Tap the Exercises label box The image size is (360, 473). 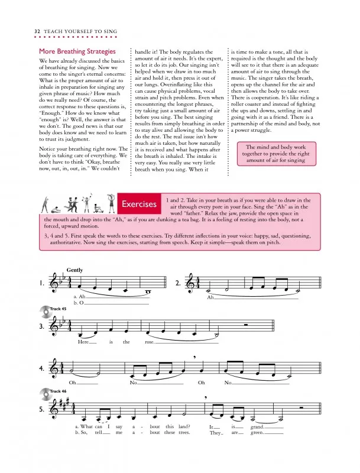pos(139,205)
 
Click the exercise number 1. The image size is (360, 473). pos(42,283)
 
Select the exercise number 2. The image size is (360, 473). pos(179,283)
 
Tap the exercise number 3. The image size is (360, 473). pos(42,326)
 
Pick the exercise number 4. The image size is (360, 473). pos(42,368)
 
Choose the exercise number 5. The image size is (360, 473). pos(42,409)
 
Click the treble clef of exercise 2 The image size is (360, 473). pos(191,283)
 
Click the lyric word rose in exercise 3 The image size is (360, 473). pos(150,342)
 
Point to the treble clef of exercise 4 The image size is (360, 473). pos(54,368)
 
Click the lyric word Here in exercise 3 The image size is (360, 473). pos(83,342)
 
